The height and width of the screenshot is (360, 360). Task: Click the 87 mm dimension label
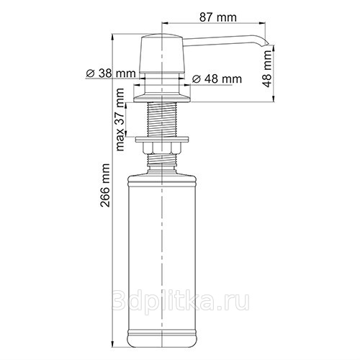pos(217,17)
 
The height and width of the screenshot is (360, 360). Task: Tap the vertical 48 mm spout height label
pos(267,69)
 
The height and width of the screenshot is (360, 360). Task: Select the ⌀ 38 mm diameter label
pos(111,73)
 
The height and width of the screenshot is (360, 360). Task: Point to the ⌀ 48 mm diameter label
pos(217,78)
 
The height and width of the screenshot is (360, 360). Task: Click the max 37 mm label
pos(120,120)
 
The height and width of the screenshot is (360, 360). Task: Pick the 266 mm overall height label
pos(105,185)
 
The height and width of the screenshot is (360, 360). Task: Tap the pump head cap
pos(162,53)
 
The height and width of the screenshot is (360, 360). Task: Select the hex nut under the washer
pos(162,148)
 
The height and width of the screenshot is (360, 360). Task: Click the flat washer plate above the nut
pos(162,140)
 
